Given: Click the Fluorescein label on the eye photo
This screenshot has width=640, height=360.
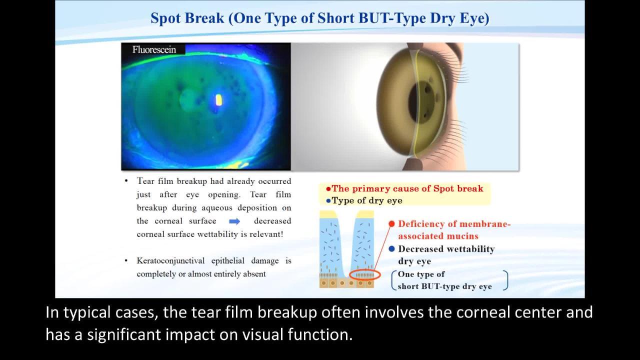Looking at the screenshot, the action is [154, 49].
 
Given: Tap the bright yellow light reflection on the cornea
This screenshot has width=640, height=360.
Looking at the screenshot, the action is [218, 100].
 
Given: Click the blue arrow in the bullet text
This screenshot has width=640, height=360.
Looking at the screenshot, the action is [234, 221].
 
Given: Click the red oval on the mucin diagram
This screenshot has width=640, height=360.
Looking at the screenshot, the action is [365, 275].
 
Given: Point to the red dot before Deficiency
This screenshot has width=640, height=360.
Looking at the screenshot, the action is [391, 223].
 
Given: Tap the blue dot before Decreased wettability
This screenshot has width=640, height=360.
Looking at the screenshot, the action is [391, 249].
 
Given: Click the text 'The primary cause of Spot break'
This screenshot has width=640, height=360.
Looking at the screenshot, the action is [407, 188].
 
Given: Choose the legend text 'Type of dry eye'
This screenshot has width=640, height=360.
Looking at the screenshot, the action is [367, 200].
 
